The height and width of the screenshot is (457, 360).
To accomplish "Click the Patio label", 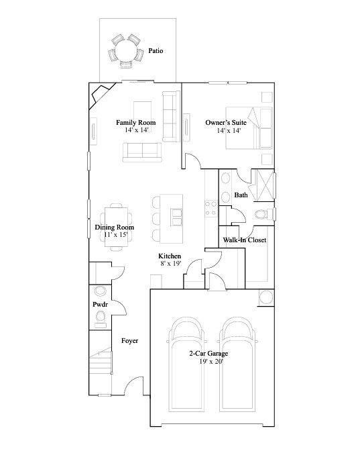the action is coord(156,51).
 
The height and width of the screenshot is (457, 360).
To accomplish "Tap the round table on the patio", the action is coord(126,51).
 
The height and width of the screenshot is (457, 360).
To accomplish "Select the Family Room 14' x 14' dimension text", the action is coord(137,130).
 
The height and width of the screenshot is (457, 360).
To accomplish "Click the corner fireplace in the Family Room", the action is coord(100,95).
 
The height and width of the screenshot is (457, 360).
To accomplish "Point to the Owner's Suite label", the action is coord(226,123).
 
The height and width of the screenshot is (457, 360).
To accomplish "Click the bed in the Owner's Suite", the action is coord(249,128).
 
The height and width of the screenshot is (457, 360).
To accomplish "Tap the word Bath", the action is coord(241,195).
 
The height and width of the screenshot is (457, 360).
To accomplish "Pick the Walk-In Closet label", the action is coord(245,240).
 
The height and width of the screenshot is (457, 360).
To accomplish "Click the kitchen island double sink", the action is coord(176,217).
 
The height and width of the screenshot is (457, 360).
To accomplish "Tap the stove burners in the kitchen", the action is coord(211,209).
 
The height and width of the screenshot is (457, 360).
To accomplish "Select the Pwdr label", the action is coord(100,305).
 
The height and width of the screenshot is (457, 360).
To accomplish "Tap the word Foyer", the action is coord(129,341).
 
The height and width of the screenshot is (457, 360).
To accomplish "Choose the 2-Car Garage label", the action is coord(208,354).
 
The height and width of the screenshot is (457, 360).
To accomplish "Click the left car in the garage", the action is coord(186,364).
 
